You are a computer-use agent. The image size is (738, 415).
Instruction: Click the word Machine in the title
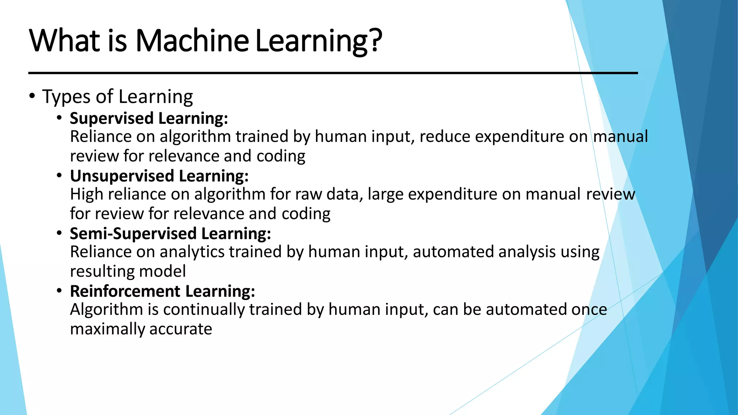192,40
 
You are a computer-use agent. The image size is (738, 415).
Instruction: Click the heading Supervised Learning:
149,118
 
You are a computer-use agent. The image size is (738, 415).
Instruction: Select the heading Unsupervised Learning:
159,176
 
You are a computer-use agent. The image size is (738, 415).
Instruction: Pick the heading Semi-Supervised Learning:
170,233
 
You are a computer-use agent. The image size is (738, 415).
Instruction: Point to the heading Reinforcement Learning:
162,291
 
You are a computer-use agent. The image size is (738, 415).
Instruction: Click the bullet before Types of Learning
32,96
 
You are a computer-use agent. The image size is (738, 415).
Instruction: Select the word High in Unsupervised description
86,195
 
